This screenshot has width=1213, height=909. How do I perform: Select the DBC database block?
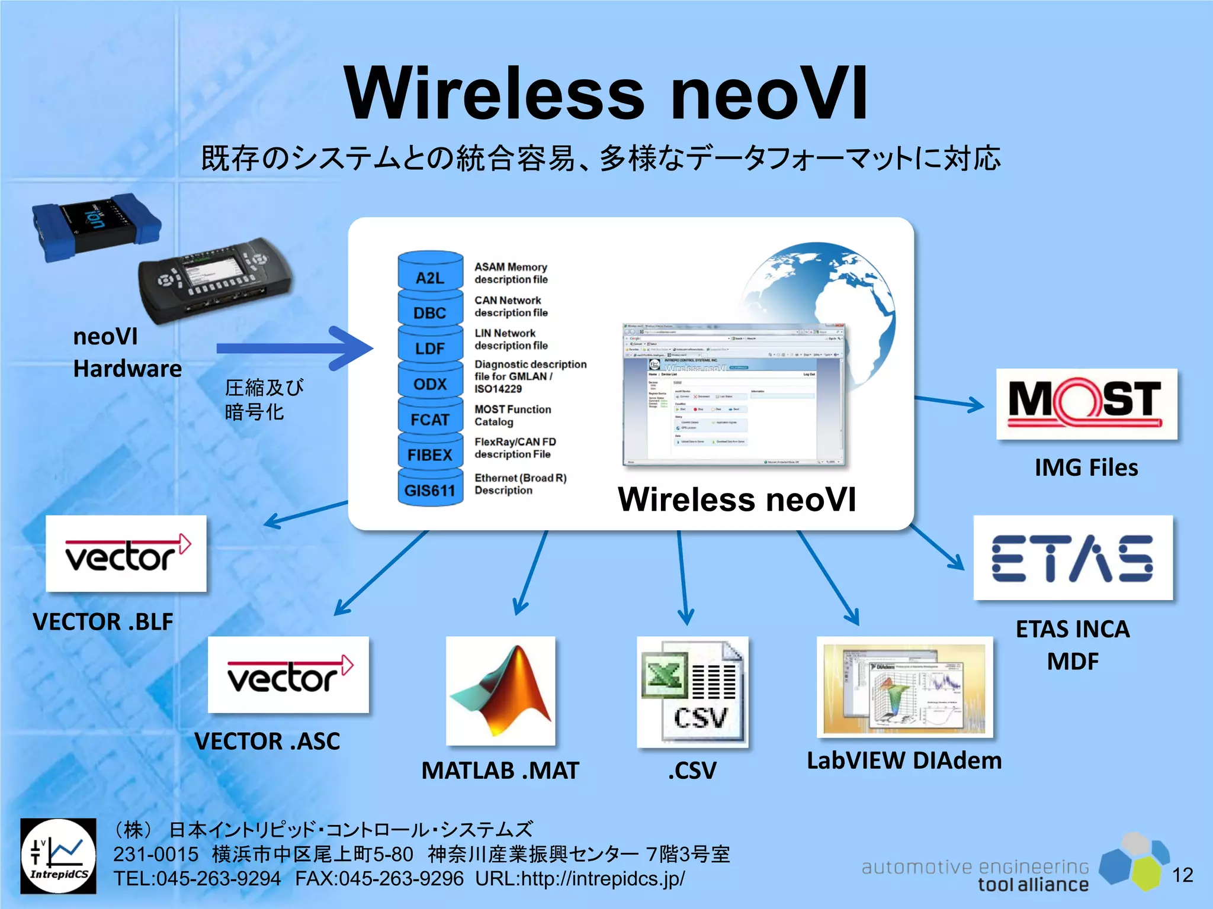pos(430,312)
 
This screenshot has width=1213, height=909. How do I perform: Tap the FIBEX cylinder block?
pos(430,454)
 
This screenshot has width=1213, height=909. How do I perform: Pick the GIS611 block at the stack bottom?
pos(430,490)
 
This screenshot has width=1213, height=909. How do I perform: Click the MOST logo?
pos(1086,404)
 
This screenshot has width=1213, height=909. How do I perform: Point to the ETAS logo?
pos(1073,557)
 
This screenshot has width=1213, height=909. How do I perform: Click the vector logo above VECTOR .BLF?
pos(126,553)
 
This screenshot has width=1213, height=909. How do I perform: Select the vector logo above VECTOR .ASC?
pos(288,675)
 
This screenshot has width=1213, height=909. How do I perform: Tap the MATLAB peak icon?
pos(500,691)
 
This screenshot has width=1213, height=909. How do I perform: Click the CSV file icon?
pos(692,691)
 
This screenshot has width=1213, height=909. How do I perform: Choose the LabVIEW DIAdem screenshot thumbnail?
pos(904,687)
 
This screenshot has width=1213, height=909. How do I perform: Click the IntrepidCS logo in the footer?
pos(58,856)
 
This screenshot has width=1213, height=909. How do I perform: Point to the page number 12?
pos(1183,875)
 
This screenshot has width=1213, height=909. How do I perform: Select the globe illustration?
pos(820,296)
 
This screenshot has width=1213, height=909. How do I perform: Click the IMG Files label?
pos(1086,468)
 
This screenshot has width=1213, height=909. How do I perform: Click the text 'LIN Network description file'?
pos(511,339)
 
